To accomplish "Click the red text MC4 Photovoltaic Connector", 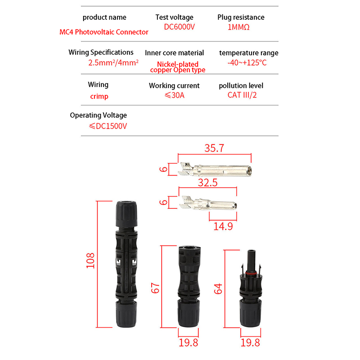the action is point(104,32).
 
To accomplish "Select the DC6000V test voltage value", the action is point(179,27).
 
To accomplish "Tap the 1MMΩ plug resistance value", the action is point(238,27).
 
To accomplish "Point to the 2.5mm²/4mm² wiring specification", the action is point(113,63).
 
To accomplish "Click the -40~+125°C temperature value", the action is point(247,63).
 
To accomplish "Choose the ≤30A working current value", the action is point(175,95).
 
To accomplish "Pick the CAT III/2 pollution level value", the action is point(242,95).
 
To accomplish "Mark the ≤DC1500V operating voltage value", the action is point(108,126).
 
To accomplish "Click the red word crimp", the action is point(99,96).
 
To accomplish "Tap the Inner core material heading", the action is point(174,53).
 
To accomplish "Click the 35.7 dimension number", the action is point(214,148).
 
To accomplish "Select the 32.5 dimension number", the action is point(208,183).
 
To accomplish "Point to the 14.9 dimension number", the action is point(223,226).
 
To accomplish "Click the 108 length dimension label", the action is point(90,261).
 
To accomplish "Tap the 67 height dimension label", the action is point(155,288).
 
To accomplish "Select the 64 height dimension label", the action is point(218,288).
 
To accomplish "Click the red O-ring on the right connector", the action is point(251,274).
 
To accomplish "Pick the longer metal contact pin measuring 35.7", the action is point(215,170).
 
